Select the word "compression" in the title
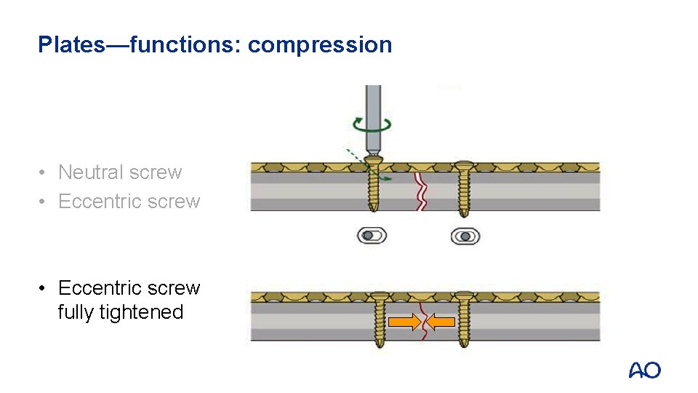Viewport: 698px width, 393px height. coord(320,45)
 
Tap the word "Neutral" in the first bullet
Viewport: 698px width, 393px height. coord(87,172)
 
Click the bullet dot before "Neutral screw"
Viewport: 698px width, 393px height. coord(44,172)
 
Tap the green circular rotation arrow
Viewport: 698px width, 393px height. coord(373,124)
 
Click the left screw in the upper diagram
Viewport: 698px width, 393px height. coord(373,186)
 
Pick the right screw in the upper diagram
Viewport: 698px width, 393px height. coord(463,188)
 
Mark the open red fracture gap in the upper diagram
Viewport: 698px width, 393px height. coord(420,191)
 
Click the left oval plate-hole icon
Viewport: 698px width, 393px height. coord(372,236)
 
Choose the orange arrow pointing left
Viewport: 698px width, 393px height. coord(439,321)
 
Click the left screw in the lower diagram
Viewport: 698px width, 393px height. coord(380,318)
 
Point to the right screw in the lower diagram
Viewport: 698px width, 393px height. coord(464,318)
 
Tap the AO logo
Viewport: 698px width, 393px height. coord(645,370)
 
